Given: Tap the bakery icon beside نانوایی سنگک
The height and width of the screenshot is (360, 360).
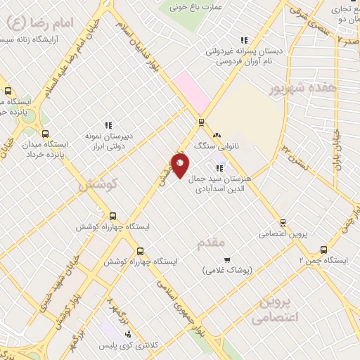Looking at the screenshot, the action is coord(217,134).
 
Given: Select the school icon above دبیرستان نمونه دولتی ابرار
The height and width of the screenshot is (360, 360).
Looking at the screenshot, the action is coord(108,125).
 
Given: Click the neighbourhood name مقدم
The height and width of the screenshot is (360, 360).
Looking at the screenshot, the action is coord(211,243).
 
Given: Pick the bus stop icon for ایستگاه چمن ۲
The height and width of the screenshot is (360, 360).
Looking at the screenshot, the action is coord(324,249).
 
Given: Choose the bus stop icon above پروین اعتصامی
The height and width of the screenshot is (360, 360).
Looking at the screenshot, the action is coord(283,221).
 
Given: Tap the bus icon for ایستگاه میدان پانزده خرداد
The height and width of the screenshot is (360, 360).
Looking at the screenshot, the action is coord(46,134).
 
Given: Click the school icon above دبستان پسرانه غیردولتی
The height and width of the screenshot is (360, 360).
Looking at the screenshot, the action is coord(244,40).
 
